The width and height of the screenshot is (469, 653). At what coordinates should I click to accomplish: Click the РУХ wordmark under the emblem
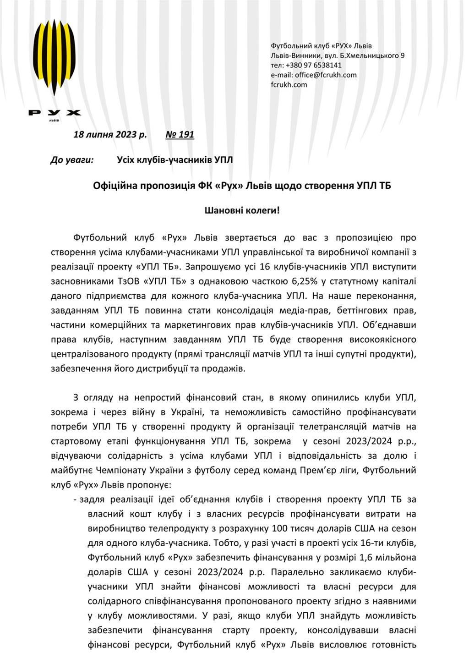coord(55,113)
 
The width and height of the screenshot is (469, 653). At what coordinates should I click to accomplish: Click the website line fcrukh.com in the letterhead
coord(289,84)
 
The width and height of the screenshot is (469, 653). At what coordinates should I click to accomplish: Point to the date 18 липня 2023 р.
coord(110,134)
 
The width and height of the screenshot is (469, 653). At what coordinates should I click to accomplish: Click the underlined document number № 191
coord(180,134)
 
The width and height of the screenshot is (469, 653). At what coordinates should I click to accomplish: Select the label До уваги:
coord(72,160)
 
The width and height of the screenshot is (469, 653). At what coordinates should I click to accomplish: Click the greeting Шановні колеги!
coord(241,211)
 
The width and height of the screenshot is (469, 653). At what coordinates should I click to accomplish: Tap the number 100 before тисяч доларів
coord(279,528)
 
